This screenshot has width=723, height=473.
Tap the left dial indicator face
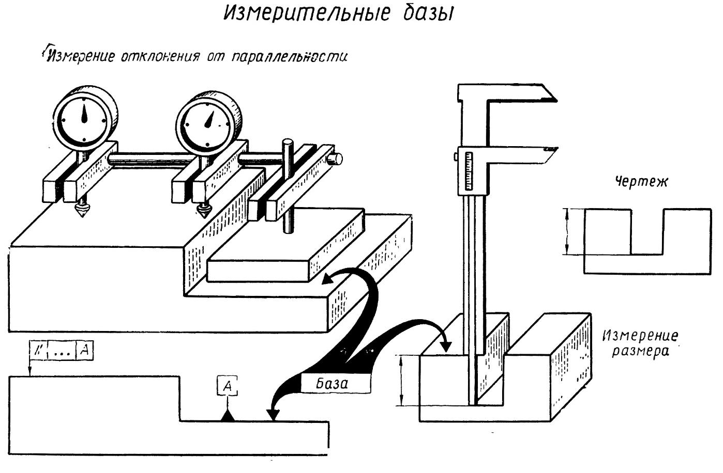click(x=83, y=116)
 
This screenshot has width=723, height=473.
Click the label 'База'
click(x=332, y=384)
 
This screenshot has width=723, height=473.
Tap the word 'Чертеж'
click(x=640, y=182)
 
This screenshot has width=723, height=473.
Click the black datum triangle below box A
click(x=227, y=416)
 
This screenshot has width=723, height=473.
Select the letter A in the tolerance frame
click(x=86, y=350)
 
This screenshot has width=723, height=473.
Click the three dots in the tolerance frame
click(x=62, y=352)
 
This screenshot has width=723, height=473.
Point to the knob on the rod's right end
click(x=337, y=157)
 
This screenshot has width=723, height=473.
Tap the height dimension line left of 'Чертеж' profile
click(x=567, y=231)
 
